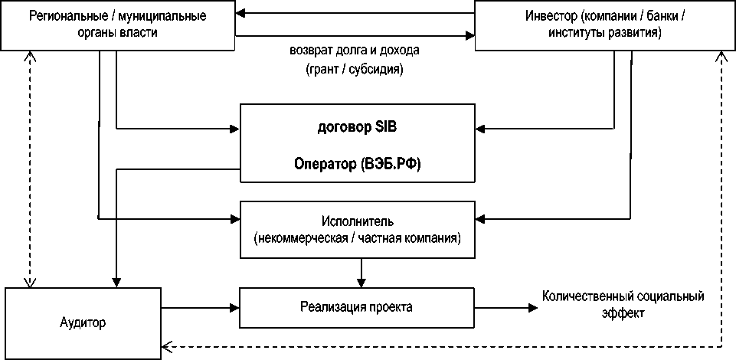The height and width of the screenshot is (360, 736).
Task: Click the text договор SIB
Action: pos(357,128)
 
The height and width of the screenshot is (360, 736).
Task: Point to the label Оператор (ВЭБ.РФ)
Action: pos(357,163)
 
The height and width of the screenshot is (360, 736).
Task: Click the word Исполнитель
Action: pos(357,221)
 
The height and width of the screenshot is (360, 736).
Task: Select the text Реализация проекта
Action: pos(357,308)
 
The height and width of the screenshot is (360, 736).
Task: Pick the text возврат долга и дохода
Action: pos(355,51)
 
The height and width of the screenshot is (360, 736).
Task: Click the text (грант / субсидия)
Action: pos(355,68)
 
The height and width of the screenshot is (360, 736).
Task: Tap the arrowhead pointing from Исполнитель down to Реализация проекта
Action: pos(361,282)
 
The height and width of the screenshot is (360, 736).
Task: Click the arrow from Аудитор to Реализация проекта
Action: pos(199,308)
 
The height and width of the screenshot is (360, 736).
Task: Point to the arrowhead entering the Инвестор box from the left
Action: pos(469,34)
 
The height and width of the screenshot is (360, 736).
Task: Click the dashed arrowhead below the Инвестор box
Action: pos(721,57)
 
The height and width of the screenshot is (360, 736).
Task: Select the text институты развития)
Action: pos(605,34)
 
